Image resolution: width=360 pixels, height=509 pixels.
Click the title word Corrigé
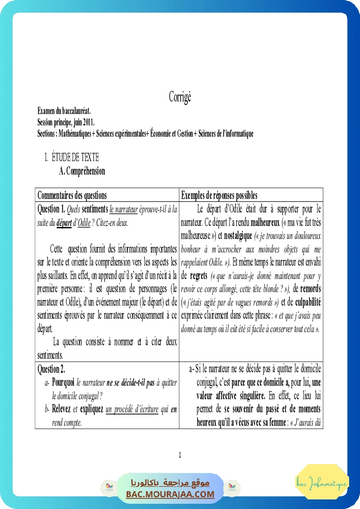coord(180,97)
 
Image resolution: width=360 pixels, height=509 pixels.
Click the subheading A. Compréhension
coord(82,171)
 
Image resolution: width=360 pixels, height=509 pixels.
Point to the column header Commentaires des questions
coord(72,195)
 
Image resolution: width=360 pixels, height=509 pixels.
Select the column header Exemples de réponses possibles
coord(219,195)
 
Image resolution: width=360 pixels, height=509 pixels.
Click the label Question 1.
coord(51,209)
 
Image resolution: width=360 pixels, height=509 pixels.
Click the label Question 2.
coord(51,369)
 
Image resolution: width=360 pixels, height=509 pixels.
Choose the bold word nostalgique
coord(238,236)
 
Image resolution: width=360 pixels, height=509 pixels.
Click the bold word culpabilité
coord(308,302)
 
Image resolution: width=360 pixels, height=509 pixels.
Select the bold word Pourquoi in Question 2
coord(63,383)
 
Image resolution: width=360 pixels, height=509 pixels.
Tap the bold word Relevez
coord(61,410)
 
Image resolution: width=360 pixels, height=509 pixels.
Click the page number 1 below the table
coord(180,455)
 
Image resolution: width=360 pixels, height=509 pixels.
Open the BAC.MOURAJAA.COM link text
coord(170,494)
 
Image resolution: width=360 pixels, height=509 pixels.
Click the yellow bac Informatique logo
coord(322,482)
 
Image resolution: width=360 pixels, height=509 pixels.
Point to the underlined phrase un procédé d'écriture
coord(132,410)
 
